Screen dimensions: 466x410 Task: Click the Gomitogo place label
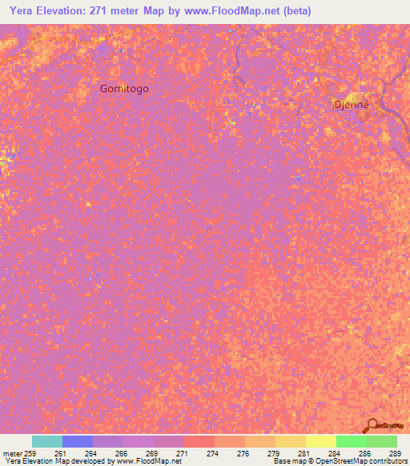[124, 89]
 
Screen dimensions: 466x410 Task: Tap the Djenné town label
[351, 104]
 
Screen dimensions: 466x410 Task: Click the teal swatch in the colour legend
[47, 441]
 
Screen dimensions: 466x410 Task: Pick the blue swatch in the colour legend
[78, 441]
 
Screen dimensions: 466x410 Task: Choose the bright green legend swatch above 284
[351, 441]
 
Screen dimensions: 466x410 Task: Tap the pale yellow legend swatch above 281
[320, 441]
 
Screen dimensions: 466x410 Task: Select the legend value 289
[395, 453]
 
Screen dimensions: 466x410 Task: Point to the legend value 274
[212, 453]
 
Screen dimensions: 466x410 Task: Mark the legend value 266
[121, 453]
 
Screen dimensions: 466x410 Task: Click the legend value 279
[273, 453]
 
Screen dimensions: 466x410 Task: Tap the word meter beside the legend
[11, 453]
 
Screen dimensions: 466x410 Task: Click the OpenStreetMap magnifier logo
[372, 424]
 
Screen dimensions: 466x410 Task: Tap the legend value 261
[61, 453]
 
